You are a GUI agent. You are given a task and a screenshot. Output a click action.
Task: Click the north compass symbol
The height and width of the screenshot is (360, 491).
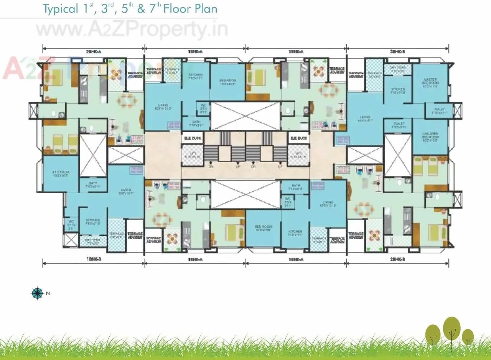[37, 293]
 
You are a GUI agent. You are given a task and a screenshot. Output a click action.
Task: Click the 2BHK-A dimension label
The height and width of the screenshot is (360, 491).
[93, 51]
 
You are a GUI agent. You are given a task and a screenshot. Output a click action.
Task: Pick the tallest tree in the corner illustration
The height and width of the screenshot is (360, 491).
[451, 329]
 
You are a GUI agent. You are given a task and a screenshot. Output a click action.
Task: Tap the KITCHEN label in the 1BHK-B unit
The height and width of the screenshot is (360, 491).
[93, 222]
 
